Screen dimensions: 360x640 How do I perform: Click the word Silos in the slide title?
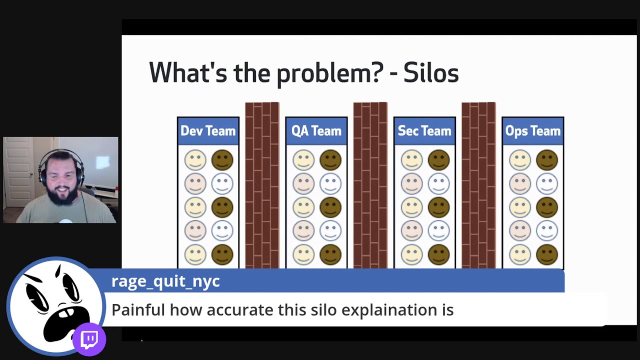click(x=430, y=73)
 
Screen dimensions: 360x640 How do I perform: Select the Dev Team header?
click(x=208, y=131)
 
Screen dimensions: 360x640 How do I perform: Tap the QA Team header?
click(x=316, y=131)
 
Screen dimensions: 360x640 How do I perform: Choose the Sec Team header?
click(x=424, y=131)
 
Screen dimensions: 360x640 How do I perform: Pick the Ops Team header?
click(x=532, y=131)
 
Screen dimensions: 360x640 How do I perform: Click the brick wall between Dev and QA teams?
click(x=262, y=185)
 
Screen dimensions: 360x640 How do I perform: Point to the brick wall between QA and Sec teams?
click(x=370, y=185)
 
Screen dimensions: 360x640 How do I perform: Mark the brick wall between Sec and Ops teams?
click(x=478, y=185)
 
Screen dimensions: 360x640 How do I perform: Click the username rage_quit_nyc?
click(x=165, y=281)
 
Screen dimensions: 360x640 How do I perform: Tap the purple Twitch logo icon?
click(x=90, y=340)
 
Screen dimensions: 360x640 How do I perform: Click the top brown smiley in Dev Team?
click(x=222, y=160)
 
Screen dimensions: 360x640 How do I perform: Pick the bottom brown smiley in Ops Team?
click(x=546, y=254)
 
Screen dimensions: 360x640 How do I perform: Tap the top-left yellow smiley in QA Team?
click(x=303, y=160)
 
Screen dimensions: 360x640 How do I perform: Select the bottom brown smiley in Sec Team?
click(x=438, y=254)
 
